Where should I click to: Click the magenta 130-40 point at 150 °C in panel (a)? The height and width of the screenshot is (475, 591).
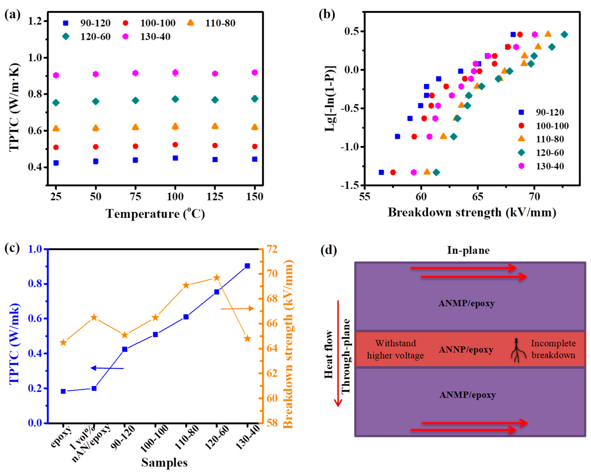point(255,72)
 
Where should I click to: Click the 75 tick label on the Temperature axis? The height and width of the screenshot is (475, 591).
point(135,197)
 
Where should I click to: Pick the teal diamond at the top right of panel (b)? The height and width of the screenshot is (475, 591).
point(564,35)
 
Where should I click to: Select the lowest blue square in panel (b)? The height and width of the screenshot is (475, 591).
point(381,172)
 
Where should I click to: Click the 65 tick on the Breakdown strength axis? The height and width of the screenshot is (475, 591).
point(478,197)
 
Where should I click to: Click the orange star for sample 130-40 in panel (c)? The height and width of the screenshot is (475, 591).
point(247,338)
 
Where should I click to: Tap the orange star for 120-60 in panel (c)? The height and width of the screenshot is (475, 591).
point(217,278)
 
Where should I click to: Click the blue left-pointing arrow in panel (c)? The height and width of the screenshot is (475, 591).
point(107,368)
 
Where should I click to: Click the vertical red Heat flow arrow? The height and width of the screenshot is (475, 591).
point(338,353)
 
